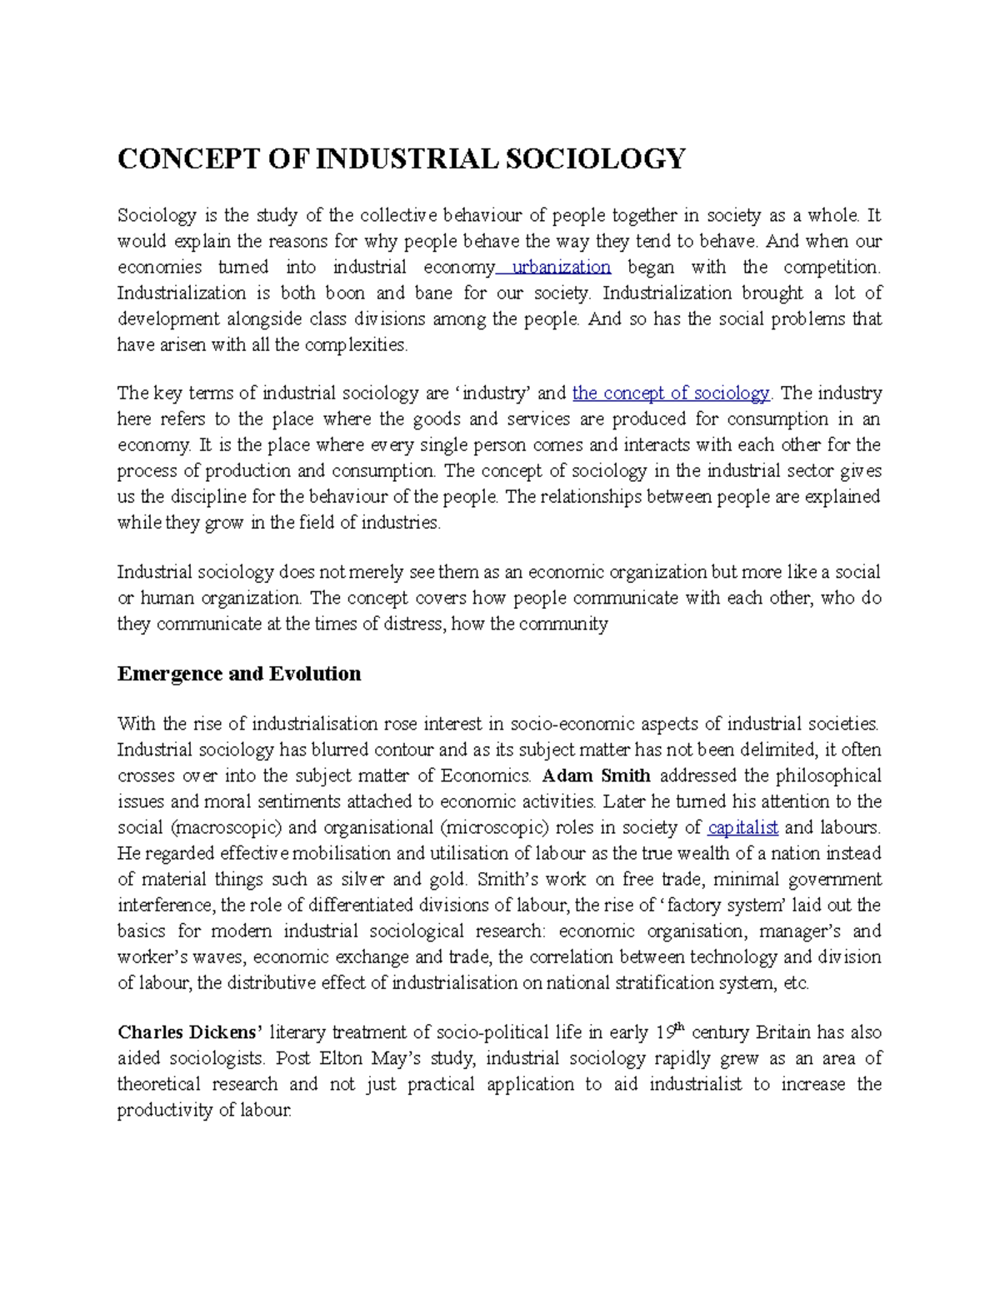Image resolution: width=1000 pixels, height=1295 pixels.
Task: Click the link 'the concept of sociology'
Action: pos(671,393)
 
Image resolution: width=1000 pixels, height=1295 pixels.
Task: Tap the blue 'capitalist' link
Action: pos(742,827)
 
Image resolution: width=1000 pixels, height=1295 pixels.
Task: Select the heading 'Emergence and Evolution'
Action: pos(239,674)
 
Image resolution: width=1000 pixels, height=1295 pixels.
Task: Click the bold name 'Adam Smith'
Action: pos(596,775)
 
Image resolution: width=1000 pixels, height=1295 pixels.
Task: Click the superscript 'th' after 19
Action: pos(678,1027)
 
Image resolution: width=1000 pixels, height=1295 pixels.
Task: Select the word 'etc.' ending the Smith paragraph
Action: pos(797,982)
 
